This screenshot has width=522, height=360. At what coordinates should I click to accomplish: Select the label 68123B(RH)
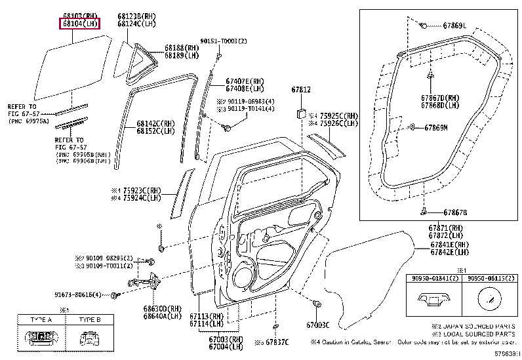tap(137, 16)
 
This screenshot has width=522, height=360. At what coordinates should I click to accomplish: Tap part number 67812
tap(300, 89)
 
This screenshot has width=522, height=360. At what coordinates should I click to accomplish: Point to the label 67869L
tap(454, 26)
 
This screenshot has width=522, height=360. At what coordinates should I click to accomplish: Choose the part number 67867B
tap(454, 212)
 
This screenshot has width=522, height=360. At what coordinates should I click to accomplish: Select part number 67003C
tap(317, 325)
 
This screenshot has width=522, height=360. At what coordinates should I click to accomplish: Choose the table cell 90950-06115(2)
tap(487, 279)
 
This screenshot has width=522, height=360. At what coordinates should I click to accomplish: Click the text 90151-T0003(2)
tap(224, 41)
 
